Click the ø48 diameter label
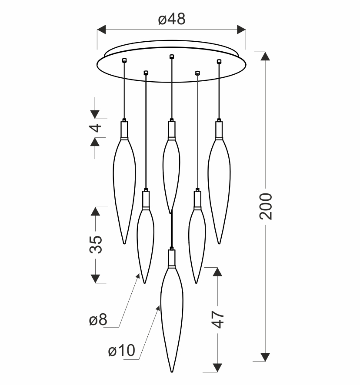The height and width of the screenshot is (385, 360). coord(172,19)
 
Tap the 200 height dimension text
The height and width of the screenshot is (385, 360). coord(266,206)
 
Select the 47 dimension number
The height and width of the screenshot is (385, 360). coord(218,319)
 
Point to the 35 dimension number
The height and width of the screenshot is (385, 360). coord(95,244)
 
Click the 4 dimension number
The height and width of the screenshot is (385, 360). coord(95,128)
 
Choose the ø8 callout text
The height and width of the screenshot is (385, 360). coord(98,320)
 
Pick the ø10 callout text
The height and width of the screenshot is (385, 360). coord(121,350)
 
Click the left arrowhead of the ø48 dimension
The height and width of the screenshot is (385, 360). coord(101,30)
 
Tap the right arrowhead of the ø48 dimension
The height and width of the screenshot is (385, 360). coord(241,30)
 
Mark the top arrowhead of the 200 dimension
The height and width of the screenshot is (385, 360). coord(265,56)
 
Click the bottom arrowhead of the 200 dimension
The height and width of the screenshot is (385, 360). coord(265,357)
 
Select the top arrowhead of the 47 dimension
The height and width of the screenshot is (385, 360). coord(217,272)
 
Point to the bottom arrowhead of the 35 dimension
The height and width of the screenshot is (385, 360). coord(95,279)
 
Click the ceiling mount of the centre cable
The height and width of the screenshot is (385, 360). coord(172,56)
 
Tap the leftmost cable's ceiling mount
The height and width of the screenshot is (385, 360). coord(124,60)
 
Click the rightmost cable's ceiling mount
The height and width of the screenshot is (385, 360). coord(219,61)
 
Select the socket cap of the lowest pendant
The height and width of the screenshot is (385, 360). coord(172,258)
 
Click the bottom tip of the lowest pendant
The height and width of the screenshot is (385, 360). coord(172,372)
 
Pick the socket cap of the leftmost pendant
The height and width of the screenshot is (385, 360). coord(124,130)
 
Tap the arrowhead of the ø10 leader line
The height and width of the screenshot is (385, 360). coord(158,308)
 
